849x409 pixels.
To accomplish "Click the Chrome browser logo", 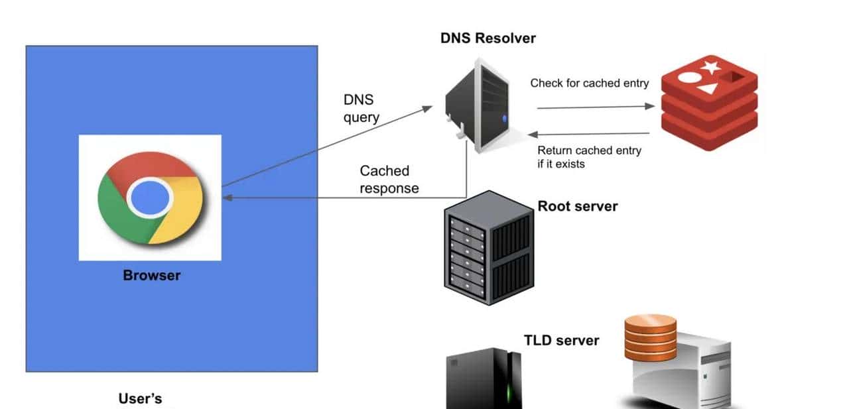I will coord(150,198).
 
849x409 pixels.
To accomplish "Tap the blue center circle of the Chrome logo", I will coord(150,198).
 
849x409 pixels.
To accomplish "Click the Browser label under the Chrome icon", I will coord(151,275).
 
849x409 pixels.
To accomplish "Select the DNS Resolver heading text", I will coord(488,38).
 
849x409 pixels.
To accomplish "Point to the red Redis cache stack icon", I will coord(709,103).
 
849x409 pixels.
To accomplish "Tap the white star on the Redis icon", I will coord(711,67).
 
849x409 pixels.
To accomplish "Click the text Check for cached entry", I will coord(589,83).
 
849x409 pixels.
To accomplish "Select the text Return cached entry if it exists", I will coord(589,157).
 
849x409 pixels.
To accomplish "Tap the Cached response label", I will coord(389,180).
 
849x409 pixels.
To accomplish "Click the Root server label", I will coord(577,206).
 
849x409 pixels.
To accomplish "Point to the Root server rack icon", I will coord(488,247).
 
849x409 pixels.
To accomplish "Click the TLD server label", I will coord(561,341).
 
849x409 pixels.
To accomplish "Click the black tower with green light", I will coord(484,379).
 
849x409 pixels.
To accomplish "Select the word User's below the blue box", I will coord(140,398).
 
